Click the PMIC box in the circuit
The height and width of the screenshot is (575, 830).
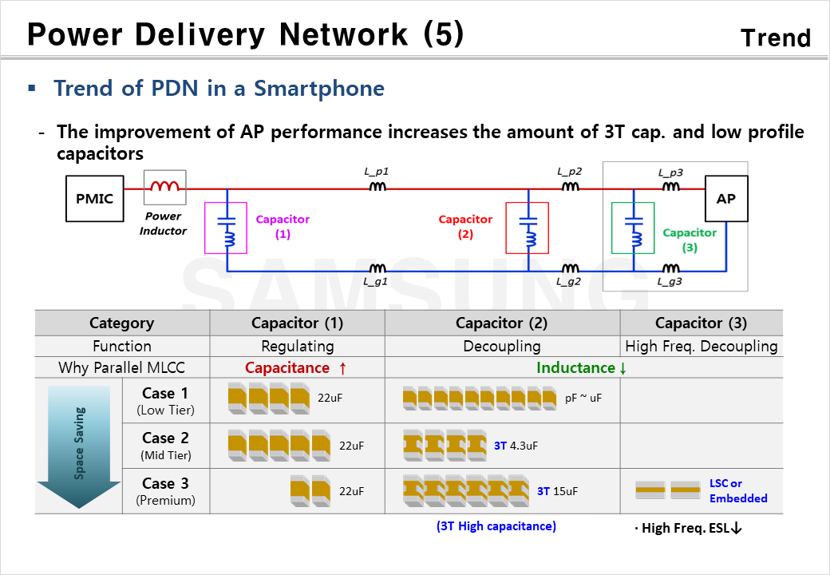(94, 198)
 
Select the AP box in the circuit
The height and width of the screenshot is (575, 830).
(725, 198)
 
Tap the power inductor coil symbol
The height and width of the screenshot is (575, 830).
(164, 188)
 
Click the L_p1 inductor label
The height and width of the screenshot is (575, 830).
(376, 172)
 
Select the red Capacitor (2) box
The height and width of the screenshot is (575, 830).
(527, 228)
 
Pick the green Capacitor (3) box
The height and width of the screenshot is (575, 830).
(633, 228)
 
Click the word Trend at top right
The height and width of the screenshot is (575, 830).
(775, 38)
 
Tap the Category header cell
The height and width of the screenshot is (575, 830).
(121, 323)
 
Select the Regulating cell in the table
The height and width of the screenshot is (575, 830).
(297, 346)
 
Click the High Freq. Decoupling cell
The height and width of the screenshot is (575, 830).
(701, 346)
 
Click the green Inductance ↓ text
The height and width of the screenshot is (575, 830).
(581, 367)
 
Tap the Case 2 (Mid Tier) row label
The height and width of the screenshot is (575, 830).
(165, 446)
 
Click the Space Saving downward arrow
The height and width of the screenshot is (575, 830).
(79, 446)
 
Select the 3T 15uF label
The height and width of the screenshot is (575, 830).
(556, 491)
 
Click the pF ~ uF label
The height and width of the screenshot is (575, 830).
(583, 398)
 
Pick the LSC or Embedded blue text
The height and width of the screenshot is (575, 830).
(737, 491)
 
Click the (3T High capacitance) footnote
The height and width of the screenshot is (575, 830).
(496, 525)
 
